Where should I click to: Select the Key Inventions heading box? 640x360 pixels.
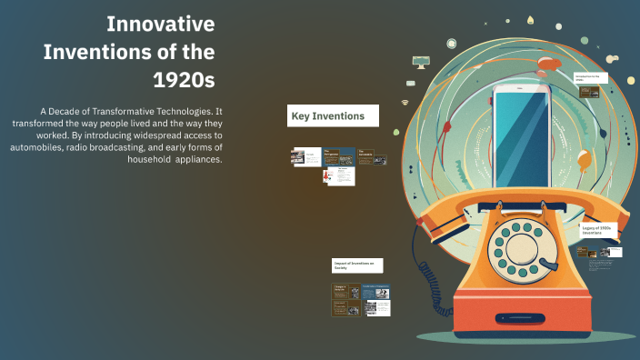coord(333,115)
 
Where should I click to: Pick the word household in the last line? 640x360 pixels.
coord(155,158)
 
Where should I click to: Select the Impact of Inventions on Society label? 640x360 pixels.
coord(358,265)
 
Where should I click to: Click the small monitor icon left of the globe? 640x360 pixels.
coord(420,62)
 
